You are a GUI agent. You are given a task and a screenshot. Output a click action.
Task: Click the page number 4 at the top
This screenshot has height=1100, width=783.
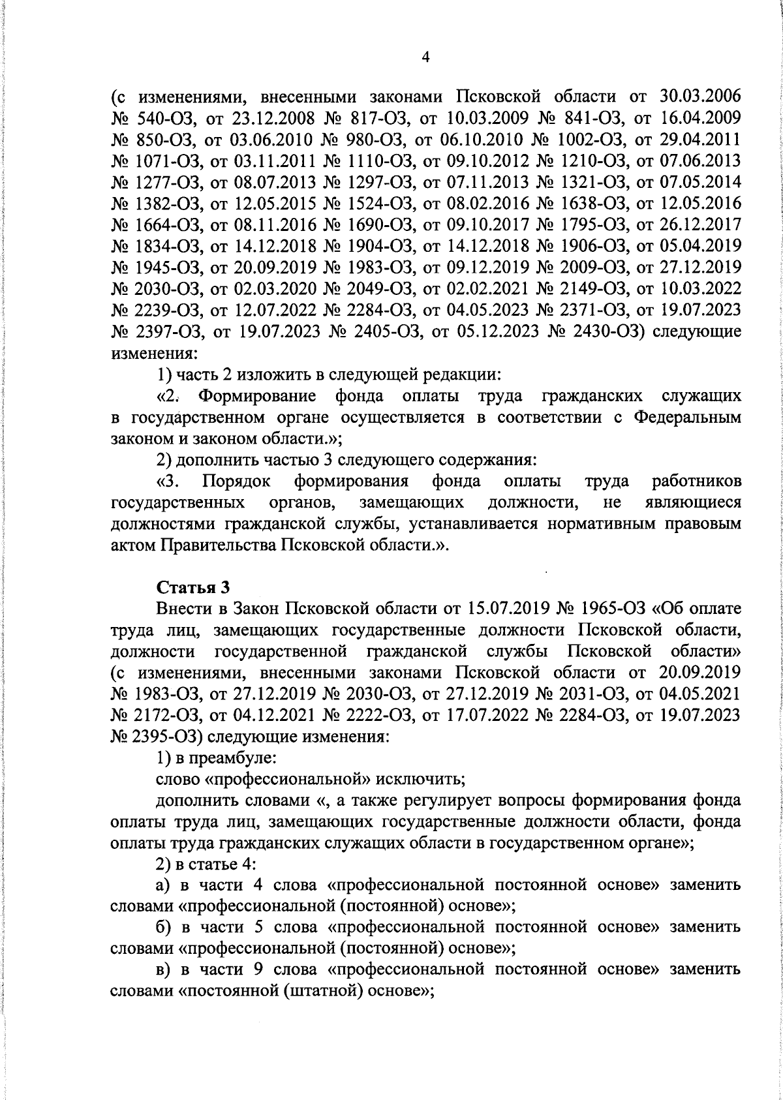(x=425, y=58)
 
